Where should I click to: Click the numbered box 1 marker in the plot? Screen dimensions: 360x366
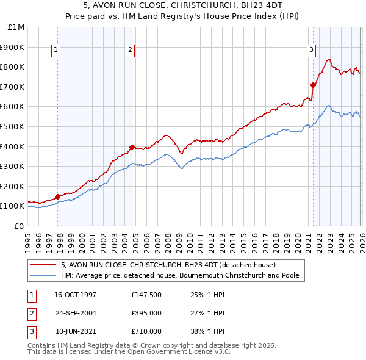(x=56, y=50)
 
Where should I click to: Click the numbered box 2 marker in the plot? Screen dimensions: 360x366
(x=131, y=50)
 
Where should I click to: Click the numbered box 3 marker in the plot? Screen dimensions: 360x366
(x=311, y=50)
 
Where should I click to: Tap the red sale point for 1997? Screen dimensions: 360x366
(x=58, y=196)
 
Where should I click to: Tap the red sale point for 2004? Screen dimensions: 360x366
(x=132, y=147)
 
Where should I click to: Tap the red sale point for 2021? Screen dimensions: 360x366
(x=313, y=85)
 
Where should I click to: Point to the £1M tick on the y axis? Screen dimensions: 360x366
(x=16, y=27)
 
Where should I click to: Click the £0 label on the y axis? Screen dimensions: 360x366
(x=19, y=226)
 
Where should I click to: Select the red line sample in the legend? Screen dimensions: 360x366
(x=44, y=265)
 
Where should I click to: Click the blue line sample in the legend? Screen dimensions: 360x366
(x=44, y=276)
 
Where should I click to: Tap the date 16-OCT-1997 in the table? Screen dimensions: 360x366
(x=76, y=295)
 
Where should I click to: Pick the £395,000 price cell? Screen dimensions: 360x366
(x=146, y=313)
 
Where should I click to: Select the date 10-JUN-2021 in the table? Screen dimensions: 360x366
(x=76, y=331)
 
